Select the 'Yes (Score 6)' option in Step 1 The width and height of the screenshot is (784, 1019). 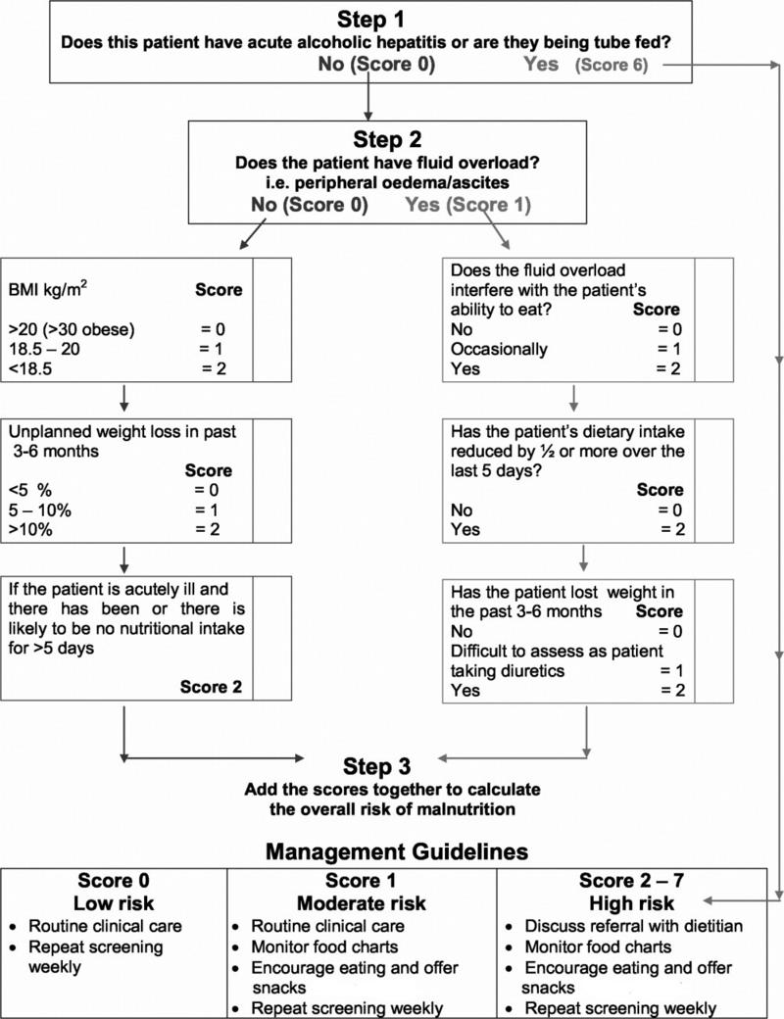coord(588,65)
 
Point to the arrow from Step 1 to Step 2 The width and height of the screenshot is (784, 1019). coord(367,97)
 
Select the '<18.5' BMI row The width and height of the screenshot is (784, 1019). coord(28,368)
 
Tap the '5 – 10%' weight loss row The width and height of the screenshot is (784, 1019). coord(40,511)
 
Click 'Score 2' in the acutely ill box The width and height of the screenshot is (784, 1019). coord(210,687)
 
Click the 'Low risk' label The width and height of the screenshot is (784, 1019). coord(115,902)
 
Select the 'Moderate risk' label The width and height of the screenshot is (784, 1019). coord(363,902)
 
